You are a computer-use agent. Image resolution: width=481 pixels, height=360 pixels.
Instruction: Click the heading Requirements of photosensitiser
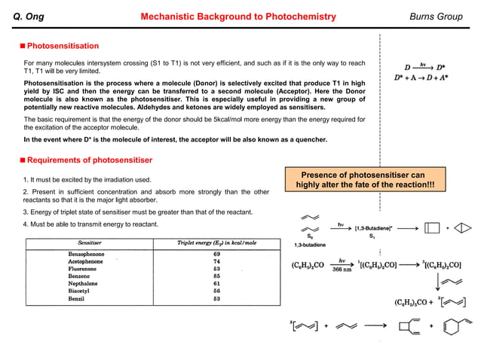click(x=89, y=160)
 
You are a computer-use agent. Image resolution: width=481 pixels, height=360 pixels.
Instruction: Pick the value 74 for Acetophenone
click(x=216, y=261)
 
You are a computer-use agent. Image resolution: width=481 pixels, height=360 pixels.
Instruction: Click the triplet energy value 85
click(x=216, y=276)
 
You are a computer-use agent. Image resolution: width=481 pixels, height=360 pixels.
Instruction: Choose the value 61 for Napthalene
click(x=216, y=283)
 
